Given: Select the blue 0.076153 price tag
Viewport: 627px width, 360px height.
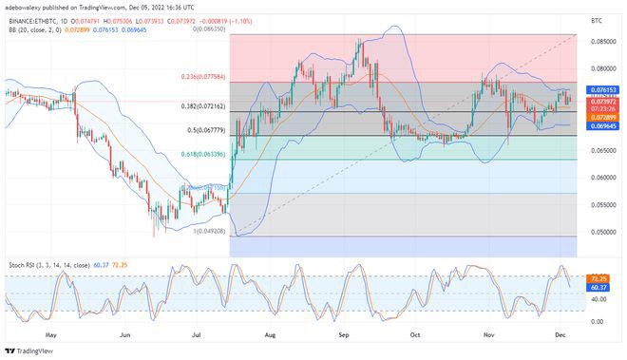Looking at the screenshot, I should (605, 89).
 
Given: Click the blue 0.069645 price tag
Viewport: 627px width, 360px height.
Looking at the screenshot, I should (605, 125).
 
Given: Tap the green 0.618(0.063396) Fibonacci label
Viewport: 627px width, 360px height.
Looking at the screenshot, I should (204, 153).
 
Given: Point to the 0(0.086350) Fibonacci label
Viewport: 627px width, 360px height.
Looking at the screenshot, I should (209, 29).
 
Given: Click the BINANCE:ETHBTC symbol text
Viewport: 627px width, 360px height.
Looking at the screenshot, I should (28, 17).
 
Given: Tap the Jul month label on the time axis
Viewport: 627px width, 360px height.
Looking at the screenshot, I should (197, 335).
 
